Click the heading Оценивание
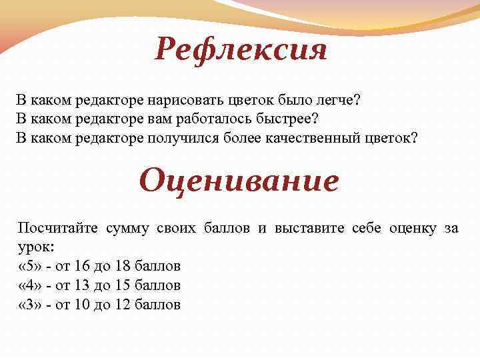click(x=239, y=180)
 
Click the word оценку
click(x=411, y=229)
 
